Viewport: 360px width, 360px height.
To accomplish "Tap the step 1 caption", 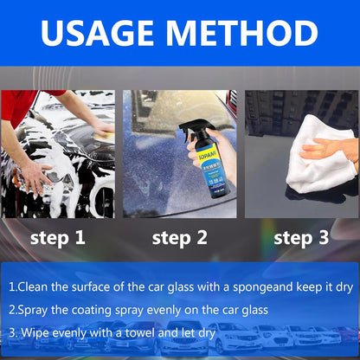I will [x=57, y=237].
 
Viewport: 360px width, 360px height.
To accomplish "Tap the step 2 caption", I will [x=179, y=237].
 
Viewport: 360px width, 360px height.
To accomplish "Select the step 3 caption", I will [x=301, y=237].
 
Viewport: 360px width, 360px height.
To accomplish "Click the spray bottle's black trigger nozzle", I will [x=191, y=130].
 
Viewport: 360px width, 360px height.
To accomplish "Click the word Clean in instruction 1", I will [x=37, y=285].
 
